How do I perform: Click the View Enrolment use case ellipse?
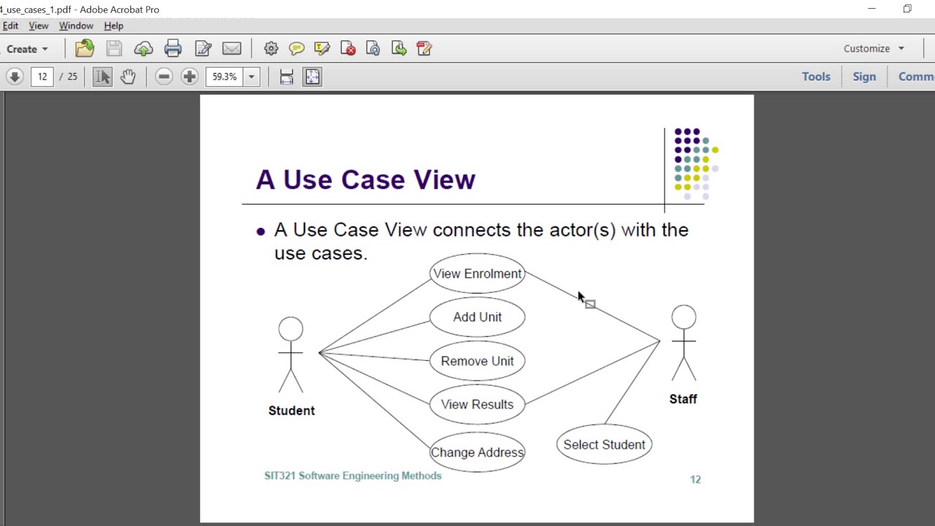click(477, 273)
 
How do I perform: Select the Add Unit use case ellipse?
click(477, 317)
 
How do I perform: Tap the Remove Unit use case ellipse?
click(477, 361)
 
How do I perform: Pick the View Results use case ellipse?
click(477, 405)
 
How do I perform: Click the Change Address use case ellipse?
click(477, 452)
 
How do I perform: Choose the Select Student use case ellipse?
click(604, 445)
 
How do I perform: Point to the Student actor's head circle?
click(291, 329)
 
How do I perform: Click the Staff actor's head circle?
click(684, 317)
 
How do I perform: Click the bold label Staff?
click(683, 399)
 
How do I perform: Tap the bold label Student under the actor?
click(291, 411)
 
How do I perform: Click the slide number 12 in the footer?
click(695, 479)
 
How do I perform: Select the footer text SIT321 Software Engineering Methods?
click(353, 476)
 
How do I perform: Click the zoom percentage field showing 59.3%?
click(224, 77)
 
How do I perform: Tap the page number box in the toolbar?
click(42, 77)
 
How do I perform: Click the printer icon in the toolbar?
click(173, 49)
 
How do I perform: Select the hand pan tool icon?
click(128, 77)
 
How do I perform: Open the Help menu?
click(113, 26)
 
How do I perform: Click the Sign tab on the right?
click(864, 77)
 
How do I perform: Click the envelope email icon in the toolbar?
click(232, 49)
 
